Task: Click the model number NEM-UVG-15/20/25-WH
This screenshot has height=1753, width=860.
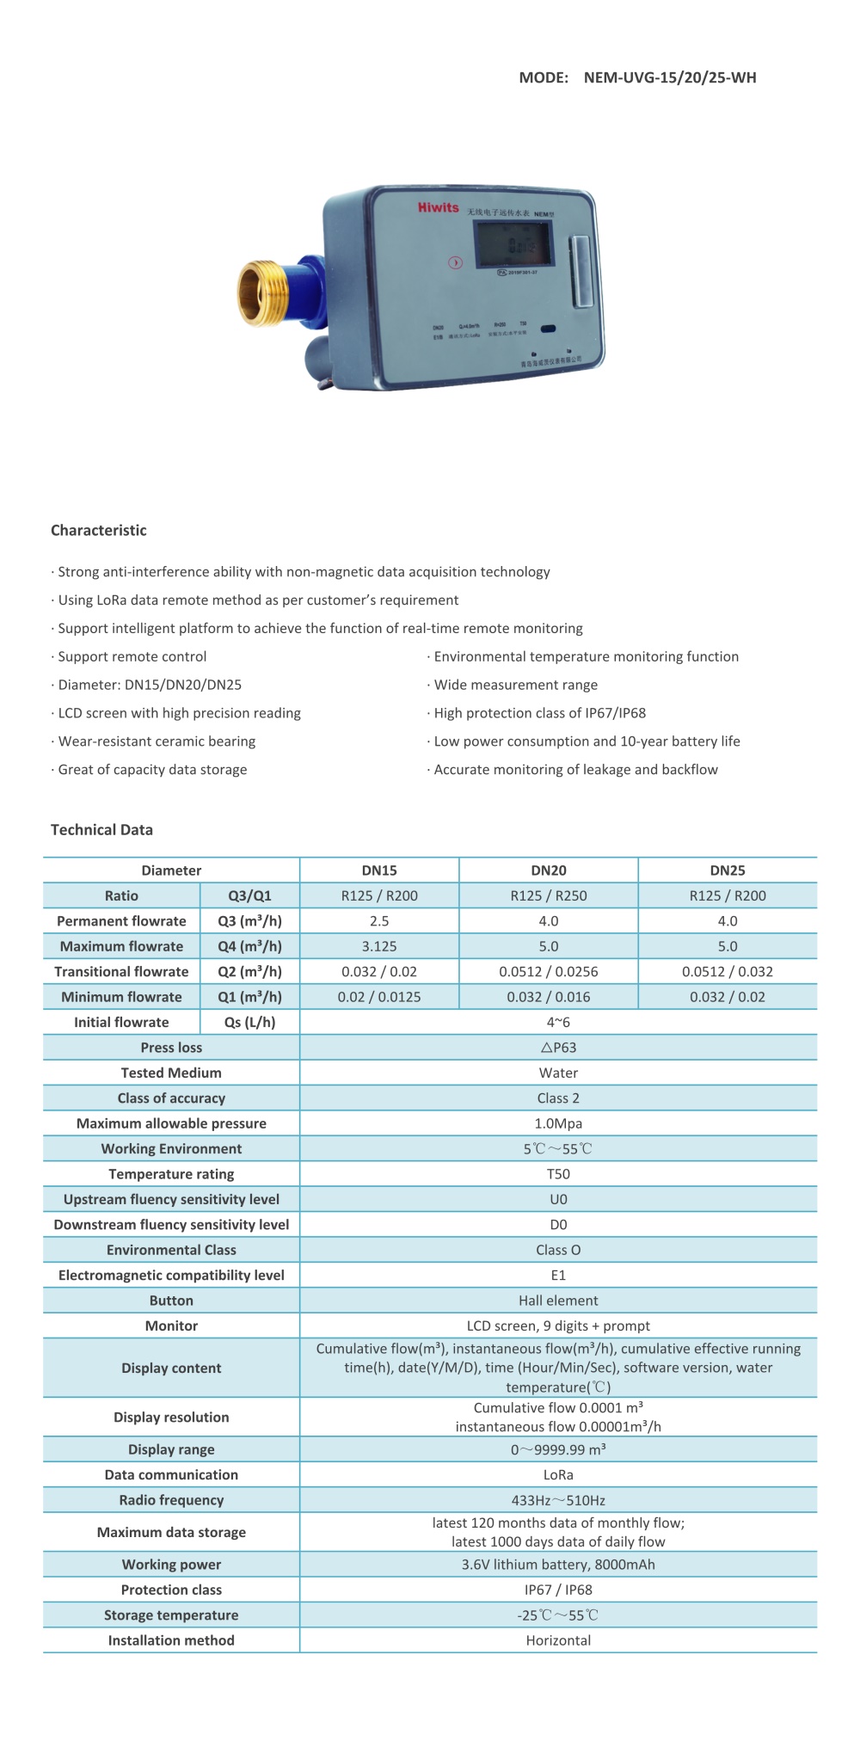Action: point(669,77)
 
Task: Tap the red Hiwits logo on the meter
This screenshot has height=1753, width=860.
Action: point(438,207)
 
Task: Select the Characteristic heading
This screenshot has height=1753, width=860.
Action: point(98,530)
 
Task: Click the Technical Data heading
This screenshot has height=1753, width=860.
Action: point(101,829)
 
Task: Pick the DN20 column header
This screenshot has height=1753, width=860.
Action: point(548,870)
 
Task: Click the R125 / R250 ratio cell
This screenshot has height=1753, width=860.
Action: point(548,895)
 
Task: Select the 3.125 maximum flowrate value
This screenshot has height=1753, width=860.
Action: point(378,946)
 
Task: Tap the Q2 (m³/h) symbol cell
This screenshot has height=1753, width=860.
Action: point(249,971)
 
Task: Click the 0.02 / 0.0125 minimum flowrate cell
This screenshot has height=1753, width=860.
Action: point(378,997)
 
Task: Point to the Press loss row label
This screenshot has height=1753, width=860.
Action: point(171,1048)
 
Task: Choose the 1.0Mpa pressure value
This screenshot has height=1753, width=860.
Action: point(557,1123)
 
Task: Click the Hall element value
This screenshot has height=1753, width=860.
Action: point(557,1301)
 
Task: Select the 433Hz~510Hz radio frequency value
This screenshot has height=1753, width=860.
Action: point(557,1500)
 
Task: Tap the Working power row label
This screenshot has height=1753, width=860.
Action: point(171,1565)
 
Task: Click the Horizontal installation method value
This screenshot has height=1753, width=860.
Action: point(557,1640)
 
